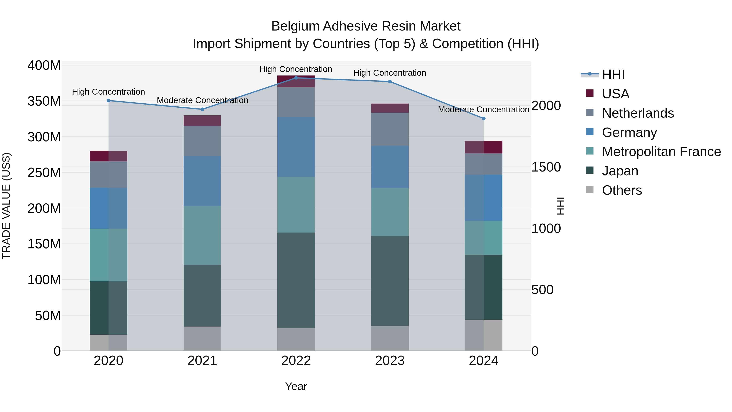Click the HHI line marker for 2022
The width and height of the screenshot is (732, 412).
[x=296, y=78]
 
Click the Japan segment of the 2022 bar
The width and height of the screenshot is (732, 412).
[x=296, y=280]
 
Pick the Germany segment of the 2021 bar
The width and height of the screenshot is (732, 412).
[x=202, y=181]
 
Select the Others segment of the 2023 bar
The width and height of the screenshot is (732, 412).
[x=390, y=338]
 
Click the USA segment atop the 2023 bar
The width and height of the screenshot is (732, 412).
[x=390, y=108]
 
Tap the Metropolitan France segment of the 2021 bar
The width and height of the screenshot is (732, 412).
[x=202, y=235]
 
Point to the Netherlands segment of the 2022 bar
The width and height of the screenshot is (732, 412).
[x=296, y=102]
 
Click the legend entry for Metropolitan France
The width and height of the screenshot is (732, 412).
[x=661, y=152]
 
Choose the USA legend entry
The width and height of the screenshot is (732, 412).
[x=615, y=94]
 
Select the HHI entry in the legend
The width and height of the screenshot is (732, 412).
[x=613, y=74]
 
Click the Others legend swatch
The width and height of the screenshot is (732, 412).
[x=590, y=190]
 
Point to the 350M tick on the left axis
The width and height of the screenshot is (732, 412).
[x=44, y=101]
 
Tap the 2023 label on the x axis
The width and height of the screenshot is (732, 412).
[x=390, y=361]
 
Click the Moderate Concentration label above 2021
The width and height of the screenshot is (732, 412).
[x=202, y=100]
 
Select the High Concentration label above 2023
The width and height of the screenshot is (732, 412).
[x=390, y=73]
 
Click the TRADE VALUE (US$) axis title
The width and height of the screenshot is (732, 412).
[x=6, y=206]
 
